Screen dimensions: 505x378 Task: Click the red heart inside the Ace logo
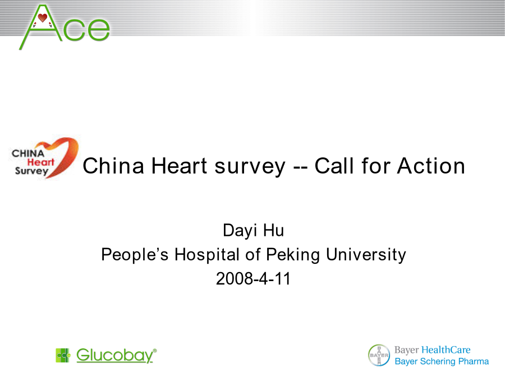click(43, 18)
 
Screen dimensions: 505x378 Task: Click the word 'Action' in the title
click(431, 166)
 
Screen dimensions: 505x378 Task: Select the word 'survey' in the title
click(250, 167)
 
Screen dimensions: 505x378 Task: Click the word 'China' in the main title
click(113, 166)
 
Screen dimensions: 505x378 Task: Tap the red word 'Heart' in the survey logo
click(40, 162)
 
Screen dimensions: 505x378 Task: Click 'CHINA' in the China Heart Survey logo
click(28, 153)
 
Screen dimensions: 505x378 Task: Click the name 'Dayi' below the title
click(240, 231)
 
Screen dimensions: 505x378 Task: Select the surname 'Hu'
click(273, 231)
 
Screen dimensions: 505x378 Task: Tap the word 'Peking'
click(293, 255)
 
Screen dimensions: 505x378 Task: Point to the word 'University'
click(366, 255)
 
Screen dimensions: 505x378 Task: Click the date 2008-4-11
click(253, 279)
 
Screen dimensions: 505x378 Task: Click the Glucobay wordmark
click(116, 355)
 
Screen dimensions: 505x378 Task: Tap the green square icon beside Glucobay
click(63, 355)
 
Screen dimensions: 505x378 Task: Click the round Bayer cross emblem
click(379, 355)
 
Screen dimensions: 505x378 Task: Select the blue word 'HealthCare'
click(446, 349)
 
